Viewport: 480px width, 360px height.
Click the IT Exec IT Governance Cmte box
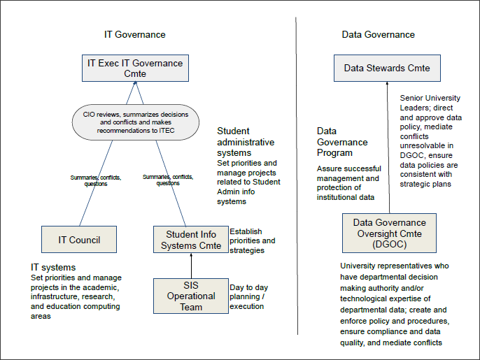click(135, 69)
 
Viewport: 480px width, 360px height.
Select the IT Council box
click(78, 240)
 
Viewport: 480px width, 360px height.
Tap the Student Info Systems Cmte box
click(190, 240)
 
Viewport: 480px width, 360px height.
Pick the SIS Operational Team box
click(190, 296)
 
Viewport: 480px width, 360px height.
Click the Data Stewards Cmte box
click(386, 69)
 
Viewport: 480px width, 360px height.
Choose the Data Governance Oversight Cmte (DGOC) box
click(389, 233)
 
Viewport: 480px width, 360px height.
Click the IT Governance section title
click(134, 34)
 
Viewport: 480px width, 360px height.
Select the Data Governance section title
click(378, 34)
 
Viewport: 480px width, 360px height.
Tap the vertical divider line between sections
click(296, 175)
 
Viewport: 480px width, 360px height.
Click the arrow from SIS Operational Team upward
click(190, 266)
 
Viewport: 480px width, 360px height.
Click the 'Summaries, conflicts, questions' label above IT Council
click(95, 180)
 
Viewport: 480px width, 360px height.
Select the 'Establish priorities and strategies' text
click(252, 240)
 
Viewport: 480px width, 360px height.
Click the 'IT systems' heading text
click(52, 267)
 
